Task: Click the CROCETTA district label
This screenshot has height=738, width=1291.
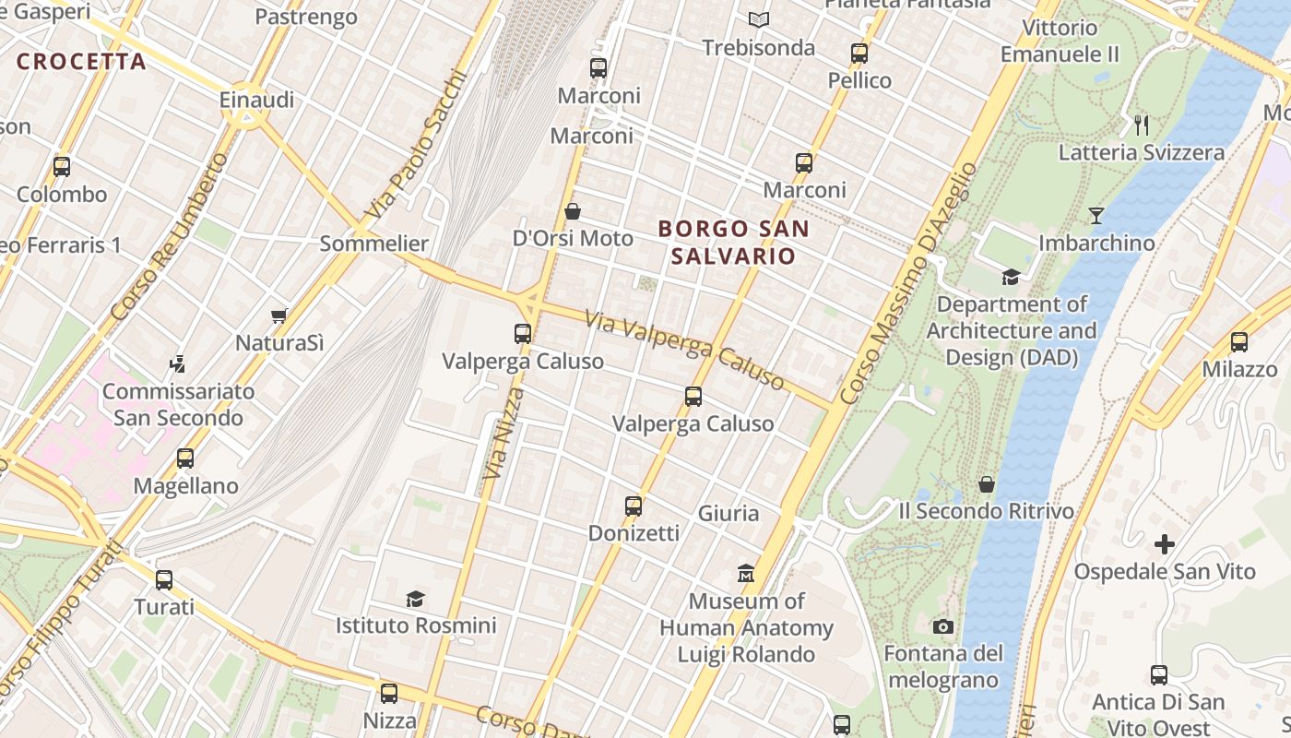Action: click(81, 62)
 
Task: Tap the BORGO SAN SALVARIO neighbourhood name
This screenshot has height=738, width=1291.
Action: click(733, 242)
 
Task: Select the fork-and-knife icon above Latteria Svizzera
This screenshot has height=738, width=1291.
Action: click(1142, 124)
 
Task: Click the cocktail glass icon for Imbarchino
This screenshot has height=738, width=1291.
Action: click(1096, 216)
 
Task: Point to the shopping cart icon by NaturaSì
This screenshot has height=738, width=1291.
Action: click(279, 315)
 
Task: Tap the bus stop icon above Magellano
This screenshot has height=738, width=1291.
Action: click(185, 458)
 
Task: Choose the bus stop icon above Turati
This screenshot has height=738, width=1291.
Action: click(164, 580)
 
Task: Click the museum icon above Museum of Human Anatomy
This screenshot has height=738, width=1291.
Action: click(746, 574)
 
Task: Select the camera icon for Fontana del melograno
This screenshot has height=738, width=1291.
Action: click(942, 627)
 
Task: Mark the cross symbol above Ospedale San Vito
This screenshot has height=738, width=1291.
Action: click(1165, 544)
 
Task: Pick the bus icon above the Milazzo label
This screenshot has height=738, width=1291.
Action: click(1238, 342)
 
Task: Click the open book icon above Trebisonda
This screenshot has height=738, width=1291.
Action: click(758, 19)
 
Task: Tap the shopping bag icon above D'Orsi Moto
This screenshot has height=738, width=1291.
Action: click(573, 211)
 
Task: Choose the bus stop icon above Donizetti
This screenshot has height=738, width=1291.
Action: click(633, 506)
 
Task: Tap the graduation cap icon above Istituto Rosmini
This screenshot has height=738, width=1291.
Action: click(415, 599)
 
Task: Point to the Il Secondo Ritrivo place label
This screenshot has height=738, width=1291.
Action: click(987, 511)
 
